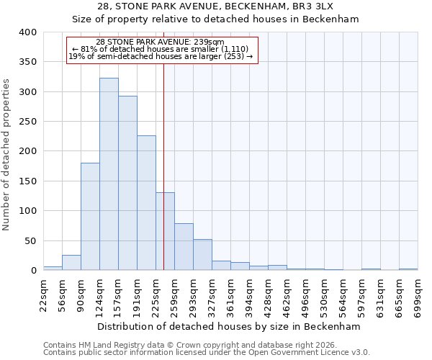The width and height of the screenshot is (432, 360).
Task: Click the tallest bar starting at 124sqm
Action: pos(109,174)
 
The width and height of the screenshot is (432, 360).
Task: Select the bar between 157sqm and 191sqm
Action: pos(127,184)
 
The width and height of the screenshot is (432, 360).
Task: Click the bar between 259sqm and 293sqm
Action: pos(184,247)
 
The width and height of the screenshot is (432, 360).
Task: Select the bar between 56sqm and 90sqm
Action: pos(71,263)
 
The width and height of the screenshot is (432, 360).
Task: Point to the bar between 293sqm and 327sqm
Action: pos(202,255)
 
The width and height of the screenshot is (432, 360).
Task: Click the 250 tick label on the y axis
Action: pos(27,122)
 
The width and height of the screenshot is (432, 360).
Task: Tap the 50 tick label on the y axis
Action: pos(30,240)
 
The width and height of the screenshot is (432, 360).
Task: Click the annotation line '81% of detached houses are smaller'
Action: pos(161,49)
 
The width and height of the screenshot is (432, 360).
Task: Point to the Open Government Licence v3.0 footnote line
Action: pos(207,352)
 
